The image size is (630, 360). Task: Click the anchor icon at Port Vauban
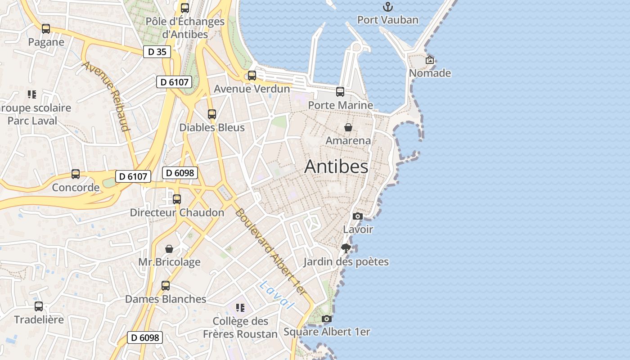[x=387, y=7]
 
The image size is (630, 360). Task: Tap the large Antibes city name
[x=336, y=166]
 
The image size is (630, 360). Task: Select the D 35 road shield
[x=157, y=52]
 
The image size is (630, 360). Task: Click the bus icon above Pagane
[x=46, y=29]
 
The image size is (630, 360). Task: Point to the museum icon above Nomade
[x=430, y=60]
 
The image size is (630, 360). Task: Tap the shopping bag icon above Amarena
[x=348, y=127]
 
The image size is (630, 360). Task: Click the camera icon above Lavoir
[x=358, y=216]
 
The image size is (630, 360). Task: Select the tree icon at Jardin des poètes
[x=346, y=248]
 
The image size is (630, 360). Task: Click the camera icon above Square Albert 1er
[x=327, y=319]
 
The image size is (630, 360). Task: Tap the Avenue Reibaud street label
[x=106, y=96]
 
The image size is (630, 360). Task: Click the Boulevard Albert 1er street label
[x=270, y=252]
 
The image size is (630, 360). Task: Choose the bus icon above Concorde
[x=76, y=174]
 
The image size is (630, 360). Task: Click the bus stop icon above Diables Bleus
[x=212, y=114]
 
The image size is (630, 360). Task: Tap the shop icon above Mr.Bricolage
[x=169, y=249]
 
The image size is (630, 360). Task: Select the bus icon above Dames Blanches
[x=166, y=286]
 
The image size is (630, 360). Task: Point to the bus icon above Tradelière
[x=39, y=306]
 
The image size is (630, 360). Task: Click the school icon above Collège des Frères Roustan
[x=240, y=308]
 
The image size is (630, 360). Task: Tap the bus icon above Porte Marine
[x=340, y=92]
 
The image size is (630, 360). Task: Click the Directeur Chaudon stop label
[x=177, y=212]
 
